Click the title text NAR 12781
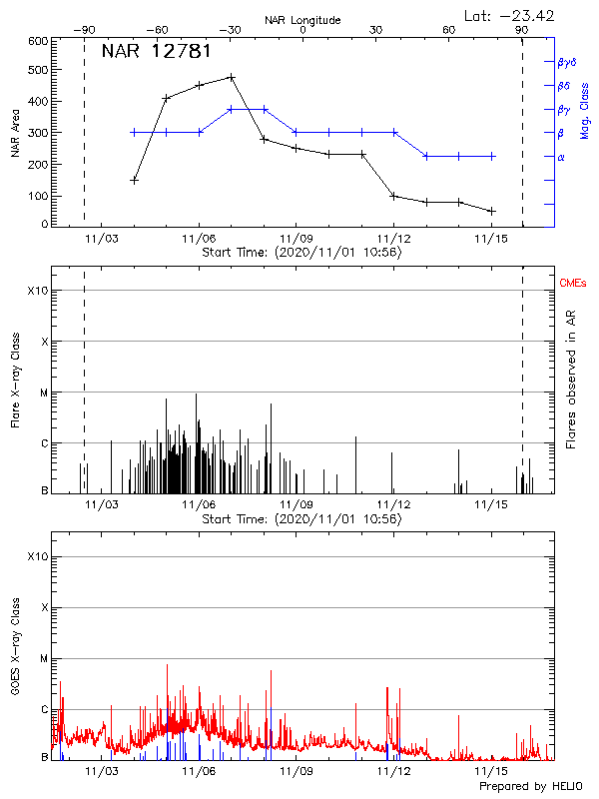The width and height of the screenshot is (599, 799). click(156, 51)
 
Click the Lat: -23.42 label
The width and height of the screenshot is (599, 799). click(510, 14)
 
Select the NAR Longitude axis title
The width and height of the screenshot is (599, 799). click(302, 20)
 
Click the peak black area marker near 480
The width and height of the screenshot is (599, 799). click(232, 77)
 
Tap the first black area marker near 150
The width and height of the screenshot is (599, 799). click(134, 181)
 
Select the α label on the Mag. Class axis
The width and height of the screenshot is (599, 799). click(561, 157)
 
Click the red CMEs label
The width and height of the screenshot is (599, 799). click(574, 283)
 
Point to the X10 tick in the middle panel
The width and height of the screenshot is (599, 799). click(37, 291)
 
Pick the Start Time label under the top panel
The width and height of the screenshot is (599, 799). click(301, 253)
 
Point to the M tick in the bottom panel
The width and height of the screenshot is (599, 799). click(43, 658)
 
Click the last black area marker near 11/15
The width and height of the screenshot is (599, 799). click(491, 211)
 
